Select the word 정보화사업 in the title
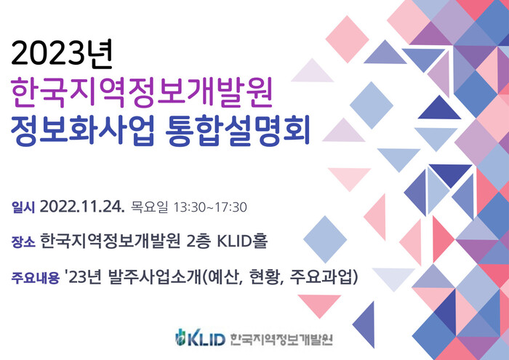click(x=81, y=130)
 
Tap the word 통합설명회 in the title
click(x=237, y=130)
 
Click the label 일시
click(x=23, y=207)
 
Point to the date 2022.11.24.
click(x=82, y=207)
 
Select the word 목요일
click(x=149, y=207)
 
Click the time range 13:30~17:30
click(x=210, y=207)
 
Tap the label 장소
click(x=23, y=242)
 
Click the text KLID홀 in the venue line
click(x=242, y=241)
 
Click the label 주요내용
click(x=36, y=278)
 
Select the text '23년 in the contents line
click(x=84, y=277)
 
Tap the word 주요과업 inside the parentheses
click(x=320, y=277)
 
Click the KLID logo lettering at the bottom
click(x=206, y=340)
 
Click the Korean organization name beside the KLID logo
click(x=281, y=340)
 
